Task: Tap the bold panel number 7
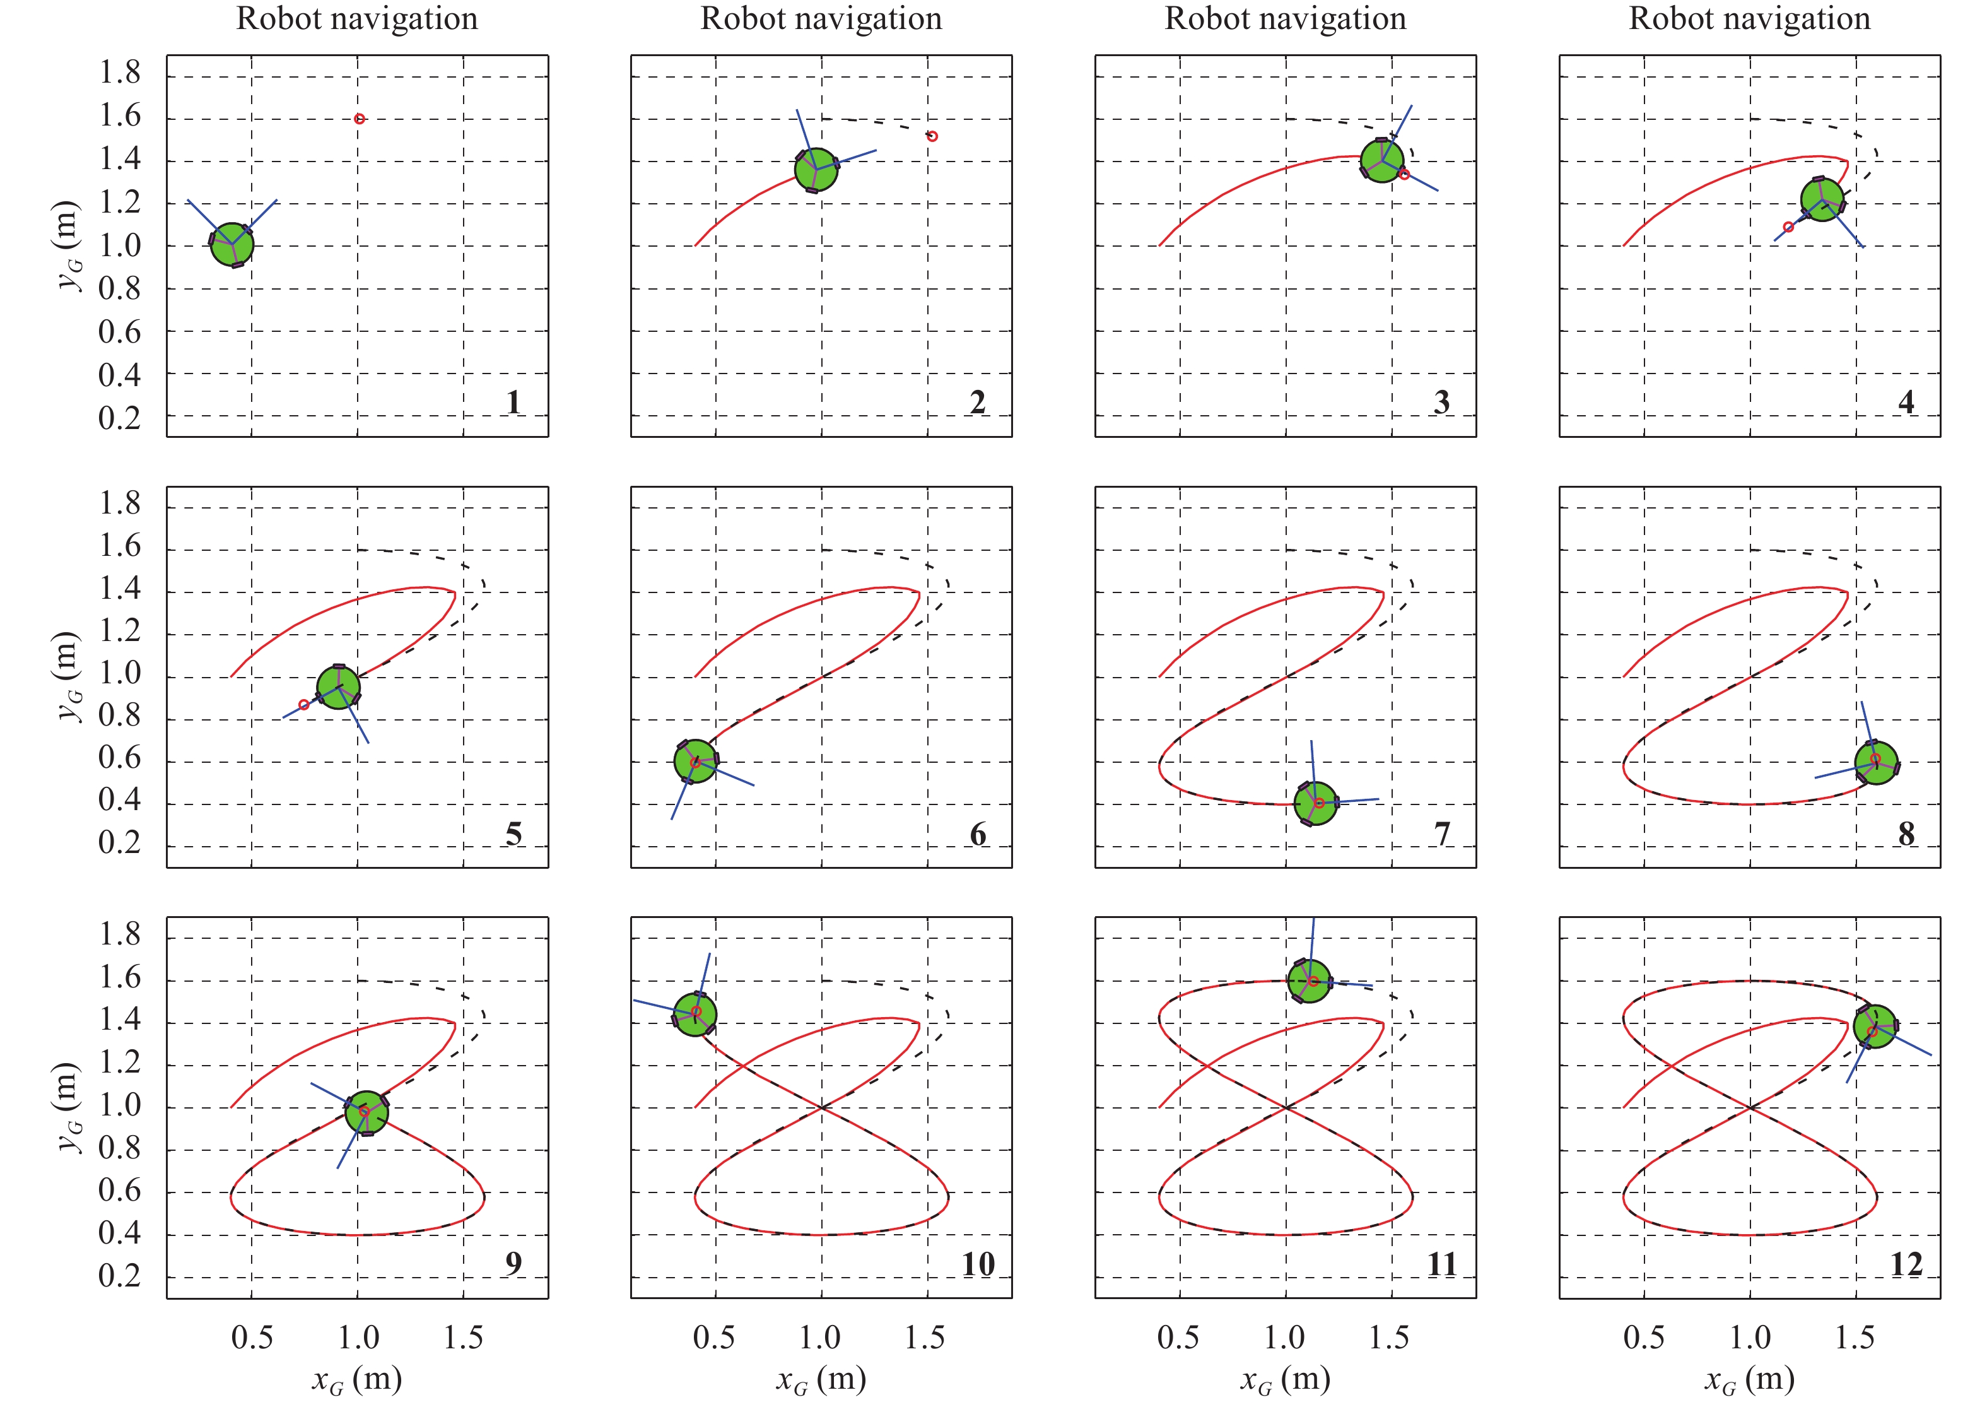[x=1441, y=833]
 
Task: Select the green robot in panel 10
[x=695, y=1015]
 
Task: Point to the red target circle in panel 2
[x=932, y=136]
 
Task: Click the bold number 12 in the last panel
[x=1906, y=1264]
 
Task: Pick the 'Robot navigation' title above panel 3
[x=1286, y=18]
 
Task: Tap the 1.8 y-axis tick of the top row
[x=119, y=73]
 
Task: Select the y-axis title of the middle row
[x=68, y=676]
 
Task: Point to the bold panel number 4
[x=1906, y=402]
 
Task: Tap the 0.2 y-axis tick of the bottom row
[x=119, y=1276]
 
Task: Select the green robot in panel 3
[x=1381, y=160]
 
